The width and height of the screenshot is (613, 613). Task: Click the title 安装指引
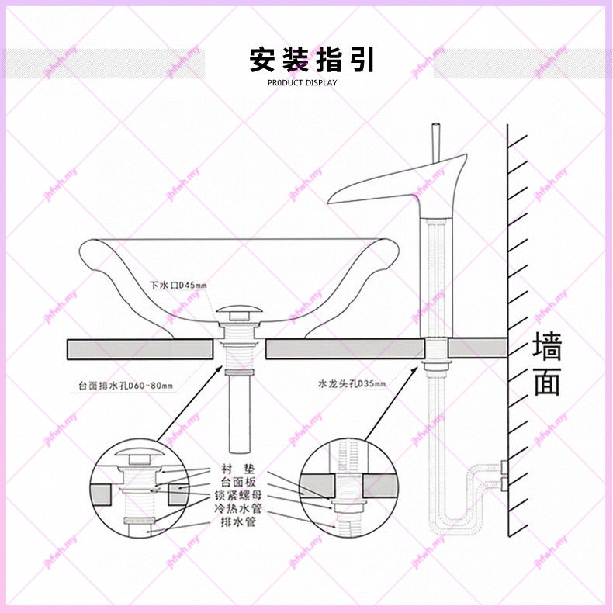(312, 59)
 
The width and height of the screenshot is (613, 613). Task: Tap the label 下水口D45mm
(178, 286)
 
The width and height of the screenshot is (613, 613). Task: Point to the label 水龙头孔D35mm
(351, 383)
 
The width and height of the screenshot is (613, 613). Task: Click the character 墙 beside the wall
(546, 347)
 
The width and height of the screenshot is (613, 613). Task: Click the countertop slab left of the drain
(140, 348)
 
